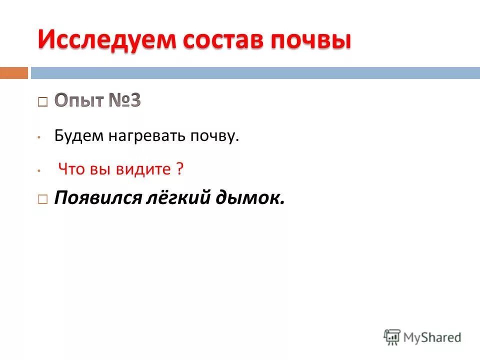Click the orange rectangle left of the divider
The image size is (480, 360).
(13, 73)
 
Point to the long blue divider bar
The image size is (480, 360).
(255, 73)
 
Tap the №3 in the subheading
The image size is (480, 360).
(124, 100)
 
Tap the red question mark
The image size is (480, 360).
(179, 169)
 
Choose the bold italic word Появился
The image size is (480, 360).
(97, 198)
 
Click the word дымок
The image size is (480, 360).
(254, 198)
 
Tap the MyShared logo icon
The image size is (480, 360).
(392, 337)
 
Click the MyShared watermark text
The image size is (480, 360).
(432, 337)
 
